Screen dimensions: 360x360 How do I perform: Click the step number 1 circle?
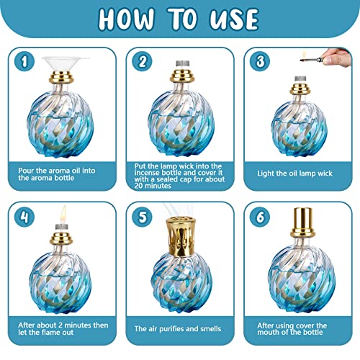24,61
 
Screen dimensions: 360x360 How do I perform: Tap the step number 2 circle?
142,61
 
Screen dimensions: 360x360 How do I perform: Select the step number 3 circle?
260,61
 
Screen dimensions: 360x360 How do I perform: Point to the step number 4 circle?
24,217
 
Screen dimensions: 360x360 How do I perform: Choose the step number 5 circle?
142,217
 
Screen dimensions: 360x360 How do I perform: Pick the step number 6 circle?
260,217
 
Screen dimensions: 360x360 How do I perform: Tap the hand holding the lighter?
337,57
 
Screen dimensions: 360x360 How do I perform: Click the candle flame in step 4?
63,215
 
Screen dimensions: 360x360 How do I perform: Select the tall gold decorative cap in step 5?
181,237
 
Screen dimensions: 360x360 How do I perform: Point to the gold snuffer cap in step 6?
302,222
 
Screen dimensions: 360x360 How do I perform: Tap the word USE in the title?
234,19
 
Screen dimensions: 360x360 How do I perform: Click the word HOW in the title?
126,19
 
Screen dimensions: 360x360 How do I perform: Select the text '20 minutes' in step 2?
153,186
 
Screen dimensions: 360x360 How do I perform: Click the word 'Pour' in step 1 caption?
26,171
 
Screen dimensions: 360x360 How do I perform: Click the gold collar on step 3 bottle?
300,89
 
